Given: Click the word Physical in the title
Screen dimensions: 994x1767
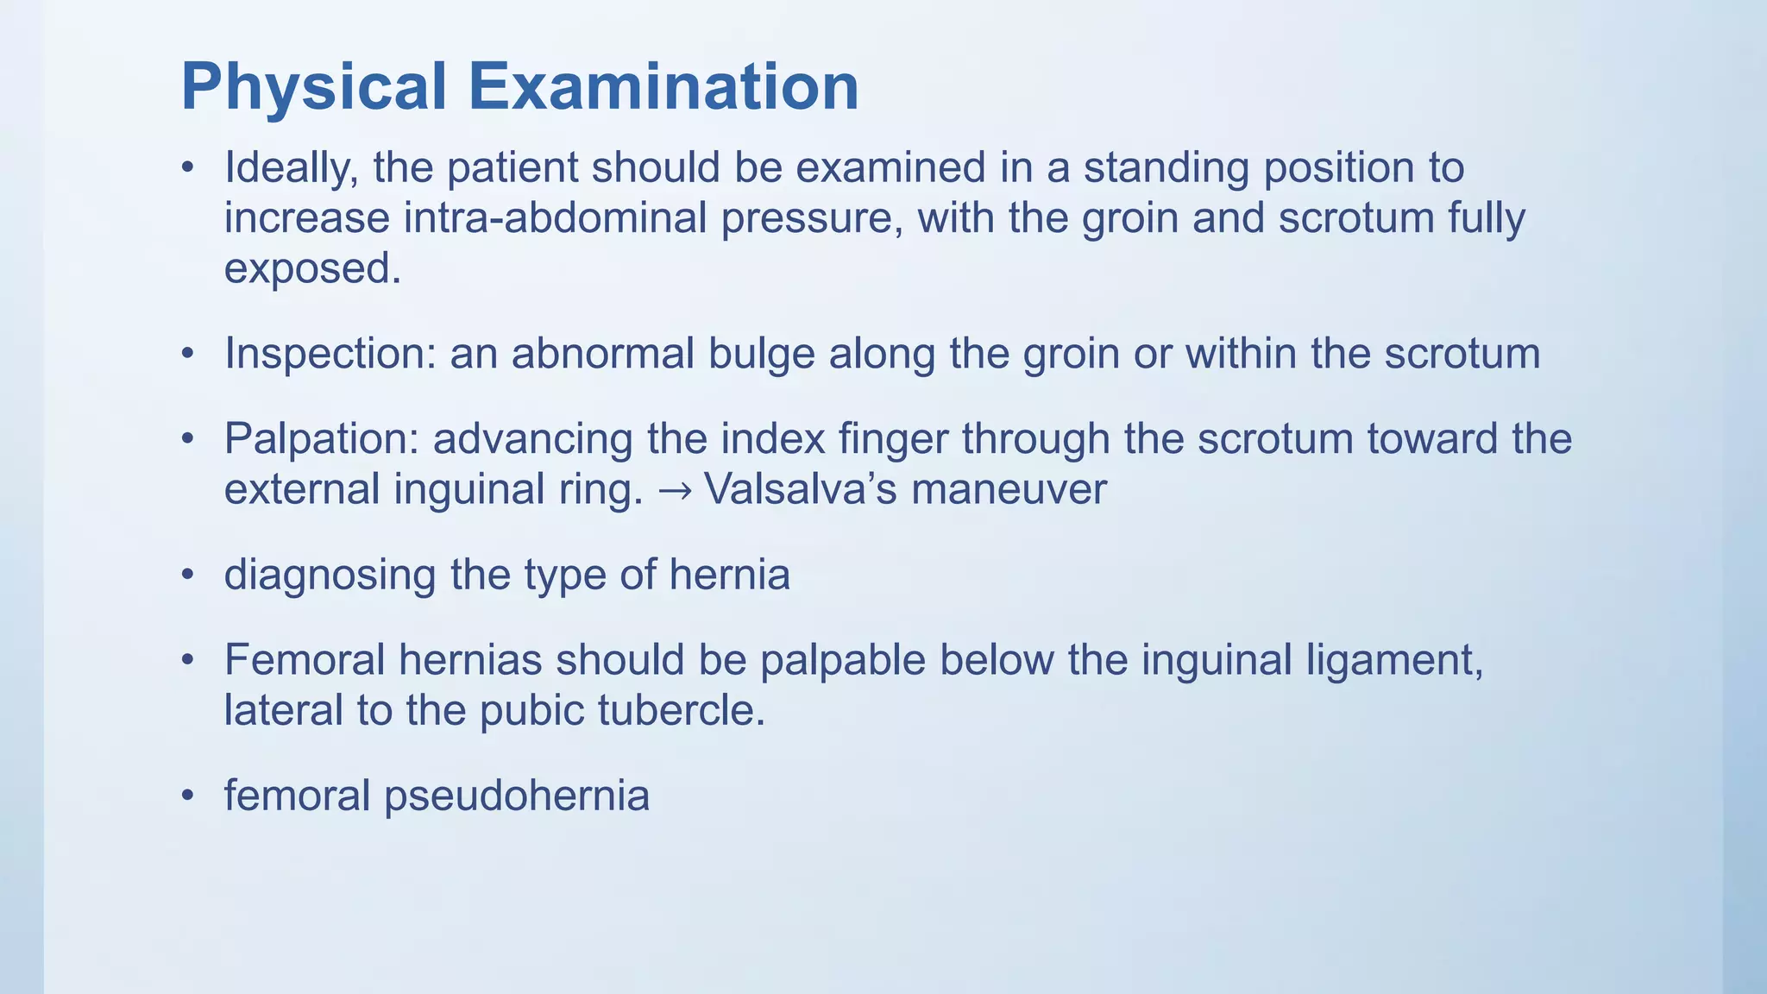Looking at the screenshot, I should (314, 88).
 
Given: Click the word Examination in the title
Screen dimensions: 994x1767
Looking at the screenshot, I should (663, 88).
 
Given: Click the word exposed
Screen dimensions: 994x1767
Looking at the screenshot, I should (312, 268).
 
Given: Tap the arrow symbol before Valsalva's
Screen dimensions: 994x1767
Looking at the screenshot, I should (674, 490).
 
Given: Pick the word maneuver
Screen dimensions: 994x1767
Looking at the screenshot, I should (1009, 489).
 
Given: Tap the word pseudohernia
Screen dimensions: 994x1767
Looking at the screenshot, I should (516, 796).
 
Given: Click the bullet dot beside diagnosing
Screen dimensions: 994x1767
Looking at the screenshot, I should (188, 576).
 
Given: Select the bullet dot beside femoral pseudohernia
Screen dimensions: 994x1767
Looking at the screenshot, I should (188, 796).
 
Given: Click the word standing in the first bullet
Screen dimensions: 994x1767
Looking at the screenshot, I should (1166, 167).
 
